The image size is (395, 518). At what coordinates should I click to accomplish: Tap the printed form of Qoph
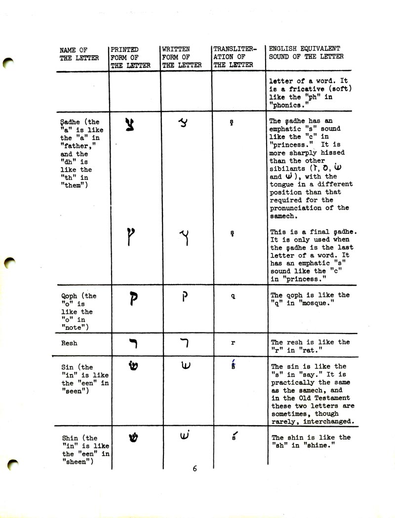click(x=132, y=300)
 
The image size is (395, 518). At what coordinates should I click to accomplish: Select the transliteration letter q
click(x=233, y=297)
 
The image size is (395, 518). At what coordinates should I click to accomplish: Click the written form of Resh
click(x=183, y=342)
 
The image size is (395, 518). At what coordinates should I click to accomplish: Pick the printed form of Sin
click(x=132, y=369)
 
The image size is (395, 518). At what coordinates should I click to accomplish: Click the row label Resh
click(x=69, y=343)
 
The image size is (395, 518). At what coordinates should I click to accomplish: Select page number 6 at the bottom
click(x=195, y=469)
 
